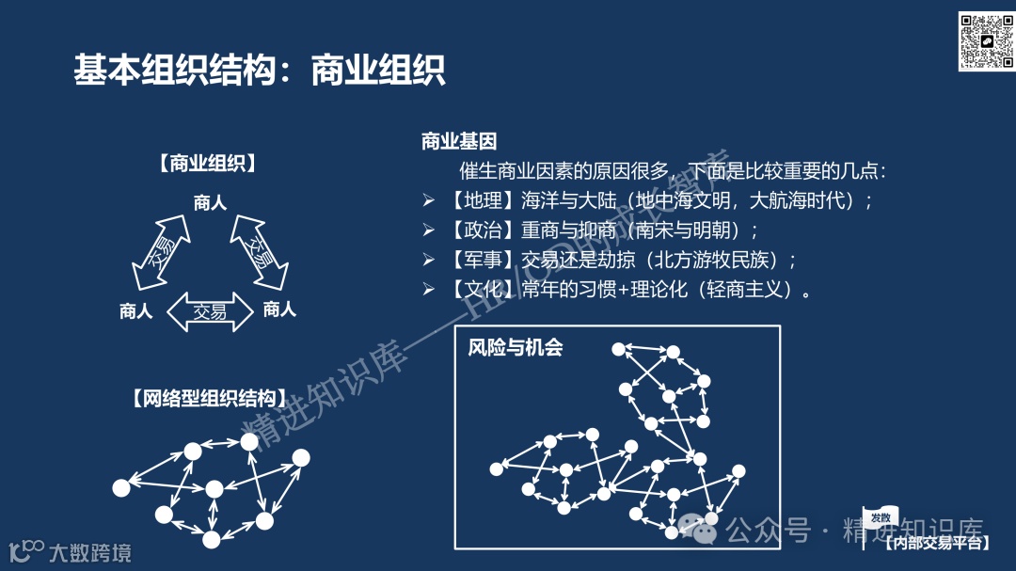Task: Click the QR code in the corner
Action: pos(985,41)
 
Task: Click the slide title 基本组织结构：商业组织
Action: pos(259,70)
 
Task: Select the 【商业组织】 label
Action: pos(208,164)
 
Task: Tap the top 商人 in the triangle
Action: pos(211,201)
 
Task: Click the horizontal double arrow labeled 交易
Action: pos(210,312)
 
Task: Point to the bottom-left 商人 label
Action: pos(136,311)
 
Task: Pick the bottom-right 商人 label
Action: pos(279,309)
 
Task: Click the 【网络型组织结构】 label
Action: pos(204,398)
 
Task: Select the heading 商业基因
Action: pos(459,142)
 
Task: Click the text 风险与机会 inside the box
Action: pos(516,348)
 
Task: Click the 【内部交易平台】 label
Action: pos(938,543)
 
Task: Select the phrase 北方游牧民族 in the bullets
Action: pos(713,260)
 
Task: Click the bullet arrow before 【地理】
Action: pos(428,200)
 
